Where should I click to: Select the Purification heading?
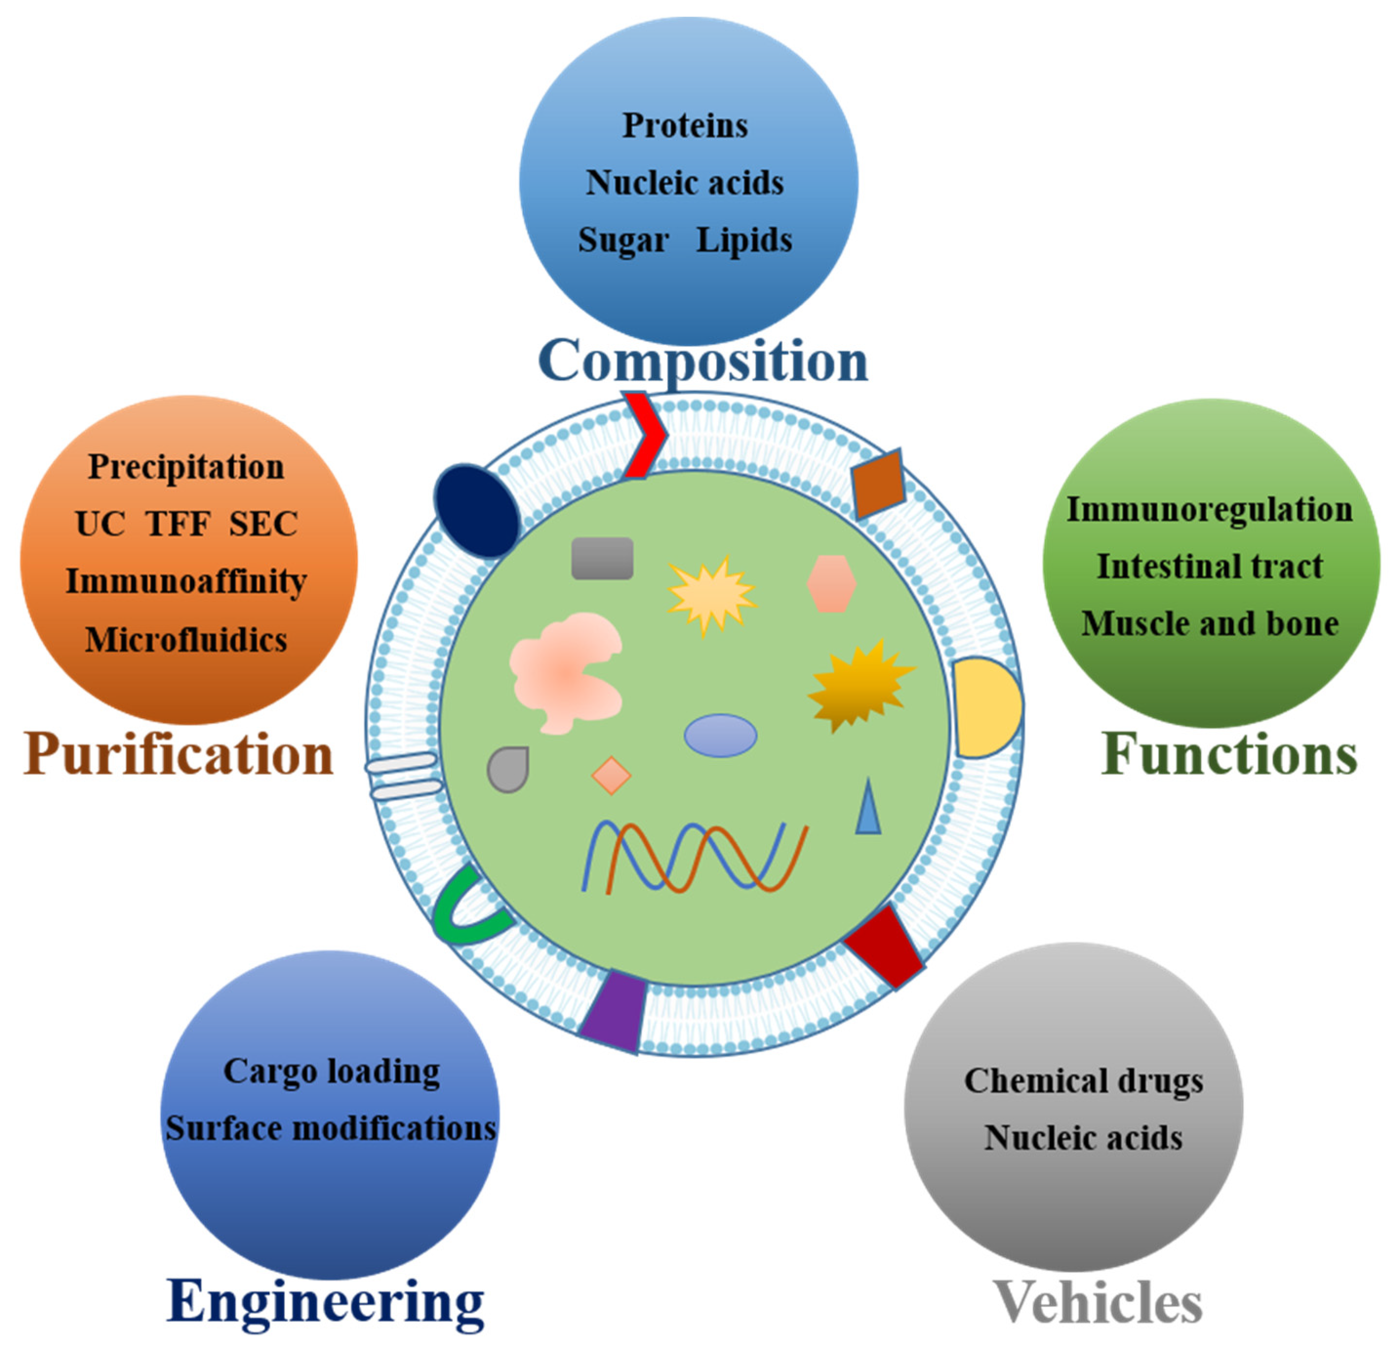[x=179, y=754]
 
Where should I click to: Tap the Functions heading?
[x=1229, y=754]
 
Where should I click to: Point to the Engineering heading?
[x=325, y=1302]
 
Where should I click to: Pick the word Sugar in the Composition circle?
[x=623, y=241]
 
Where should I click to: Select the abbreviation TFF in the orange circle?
[x=179, y=523]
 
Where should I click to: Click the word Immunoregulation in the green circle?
[x=1210, y=509]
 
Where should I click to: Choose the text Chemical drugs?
[x=1083, y=1081]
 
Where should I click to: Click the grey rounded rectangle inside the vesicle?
[x=602, y=558]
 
